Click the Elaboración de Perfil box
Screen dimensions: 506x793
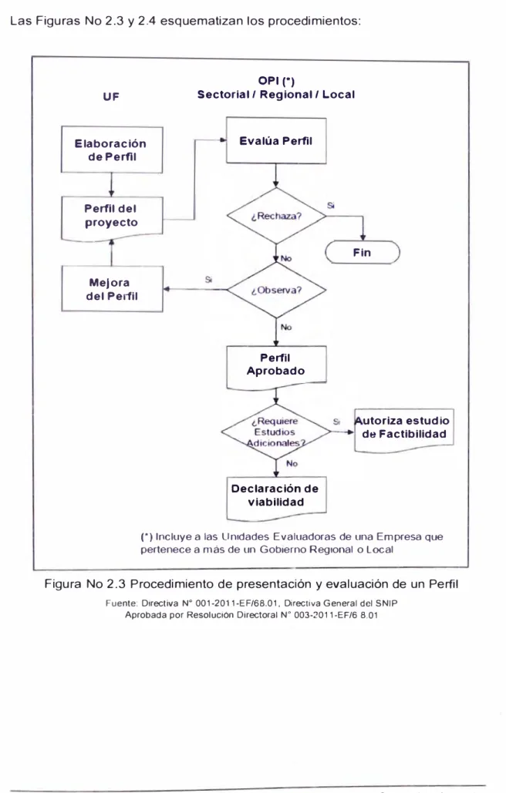point(112,150)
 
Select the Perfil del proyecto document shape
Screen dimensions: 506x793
point(112,217)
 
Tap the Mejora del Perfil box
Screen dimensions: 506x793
point(112,289)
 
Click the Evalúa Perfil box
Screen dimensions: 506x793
point(276,140)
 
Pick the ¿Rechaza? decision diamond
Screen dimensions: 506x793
point(276,216)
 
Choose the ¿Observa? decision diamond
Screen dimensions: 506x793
point(276,290)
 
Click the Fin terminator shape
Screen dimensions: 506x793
point(363,252)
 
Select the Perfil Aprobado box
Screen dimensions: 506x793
point(276,368)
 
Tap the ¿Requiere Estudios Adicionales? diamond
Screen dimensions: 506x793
point(276,432)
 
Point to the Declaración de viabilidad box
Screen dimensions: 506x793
point(276,498)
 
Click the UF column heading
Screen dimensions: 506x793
point(111,96)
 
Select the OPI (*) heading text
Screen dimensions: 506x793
point(276,81)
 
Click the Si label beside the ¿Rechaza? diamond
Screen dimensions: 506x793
point(331,206)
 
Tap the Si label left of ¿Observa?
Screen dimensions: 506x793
point(208,280)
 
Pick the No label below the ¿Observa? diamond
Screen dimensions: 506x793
point(286,328)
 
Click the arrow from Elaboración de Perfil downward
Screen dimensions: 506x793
point(111,185)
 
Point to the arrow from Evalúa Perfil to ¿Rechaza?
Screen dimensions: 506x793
point(276,176)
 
